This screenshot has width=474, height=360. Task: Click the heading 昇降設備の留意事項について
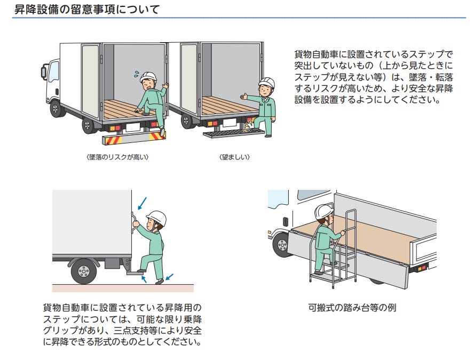click(85, 9)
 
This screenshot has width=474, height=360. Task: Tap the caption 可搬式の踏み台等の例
click(352, 308)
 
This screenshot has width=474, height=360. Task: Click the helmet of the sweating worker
click(148, 76)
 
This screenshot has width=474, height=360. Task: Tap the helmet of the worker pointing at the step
click(266, 83)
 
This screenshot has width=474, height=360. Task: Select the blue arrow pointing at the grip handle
click(142, 203)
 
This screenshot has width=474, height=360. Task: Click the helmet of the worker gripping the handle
click(156, 217)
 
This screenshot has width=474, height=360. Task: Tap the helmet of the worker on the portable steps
click(323, 211)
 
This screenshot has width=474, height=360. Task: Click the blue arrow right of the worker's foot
click(169, 277)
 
